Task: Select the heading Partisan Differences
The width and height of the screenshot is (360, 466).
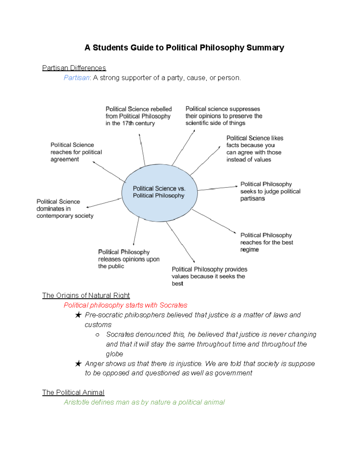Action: pyautogui.click(x=74, y=68)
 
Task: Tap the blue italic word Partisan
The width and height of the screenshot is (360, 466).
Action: pyautogui.click(x=76, y=78)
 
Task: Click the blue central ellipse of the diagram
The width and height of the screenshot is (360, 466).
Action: pyautogui.click(x=159, y=207)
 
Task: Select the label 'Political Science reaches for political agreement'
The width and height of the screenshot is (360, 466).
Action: pyautogui.click(x=76, y=152)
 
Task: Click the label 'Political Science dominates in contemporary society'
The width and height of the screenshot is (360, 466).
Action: pyautogui.click(x=65, y=209)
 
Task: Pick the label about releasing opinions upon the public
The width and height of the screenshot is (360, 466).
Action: pyautogui.click(x=129, y=259)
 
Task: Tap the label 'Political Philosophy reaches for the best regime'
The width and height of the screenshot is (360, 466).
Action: pyautogui.click(x=266, y=242)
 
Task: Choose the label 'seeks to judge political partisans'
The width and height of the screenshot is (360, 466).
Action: pyautogui.click(x=270, y=191)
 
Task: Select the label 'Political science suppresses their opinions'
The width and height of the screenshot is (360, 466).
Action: pyautogui.click(x=224, y=116)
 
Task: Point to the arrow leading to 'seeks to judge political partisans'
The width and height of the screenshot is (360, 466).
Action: pyautogui.click(x=217, y=188)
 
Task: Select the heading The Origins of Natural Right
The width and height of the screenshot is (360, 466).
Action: pyautogui.click(x=86, y=295)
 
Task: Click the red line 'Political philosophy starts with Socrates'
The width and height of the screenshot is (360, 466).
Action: pyautogui.click(x=125, y=305)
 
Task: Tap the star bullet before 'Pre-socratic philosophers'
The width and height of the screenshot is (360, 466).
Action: pyautogui.click(x=78, y=315)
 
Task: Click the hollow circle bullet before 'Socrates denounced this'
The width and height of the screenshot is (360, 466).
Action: pyautogui.click(x=97, y=335)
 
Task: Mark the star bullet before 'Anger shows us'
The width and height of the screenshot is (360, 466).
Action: pyautogui.click(x=78, y=364)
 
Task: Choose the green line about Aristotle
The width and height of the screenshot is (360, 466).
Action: pyautogui.click(x=144, y=402)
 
